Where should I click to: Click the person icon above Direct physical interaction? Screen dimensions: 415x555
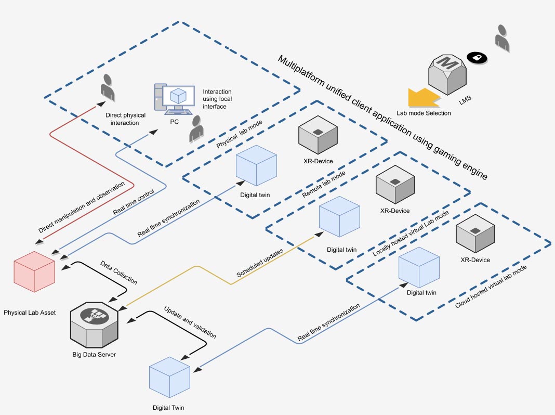(x=108, y=88)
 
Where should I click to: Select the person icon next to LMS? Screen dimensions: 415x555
(x=502, y=37)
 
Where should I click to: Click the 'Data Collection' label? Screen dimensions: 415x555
(x=119, y=272)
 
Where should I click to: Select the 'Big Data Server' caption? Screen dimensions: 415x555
(x=94, y=355)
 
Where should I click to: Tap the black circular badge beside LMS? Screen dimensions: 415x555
(x=475, y=58)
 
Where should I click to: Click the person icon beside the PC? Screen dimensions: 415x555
(x=196, y=129)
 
